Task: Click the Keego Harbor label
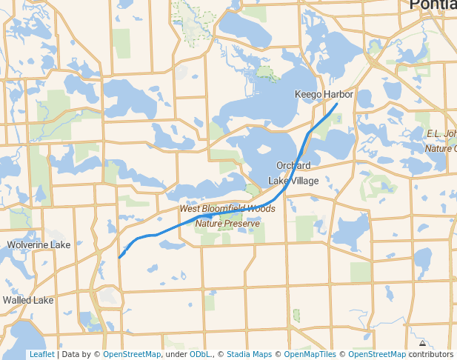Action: tap(324, 95)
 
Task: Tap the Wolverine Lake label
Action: tap(39, 244)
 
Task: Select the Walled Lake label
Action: tap(28, 300)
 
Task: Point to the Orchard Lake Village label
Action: tap(293, 173)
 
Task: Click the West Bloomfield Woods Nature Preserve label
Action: tap(227, 216)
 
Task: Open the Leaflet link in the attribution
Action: tap(41, 354)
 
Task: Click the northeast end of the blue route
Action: tap(337, 104)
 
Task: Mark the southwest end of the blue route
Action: tap(119, 258)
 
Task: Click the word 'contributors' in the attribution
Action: tap(430, 354)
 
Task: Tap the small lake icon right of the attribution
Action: tap(422, 344)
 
